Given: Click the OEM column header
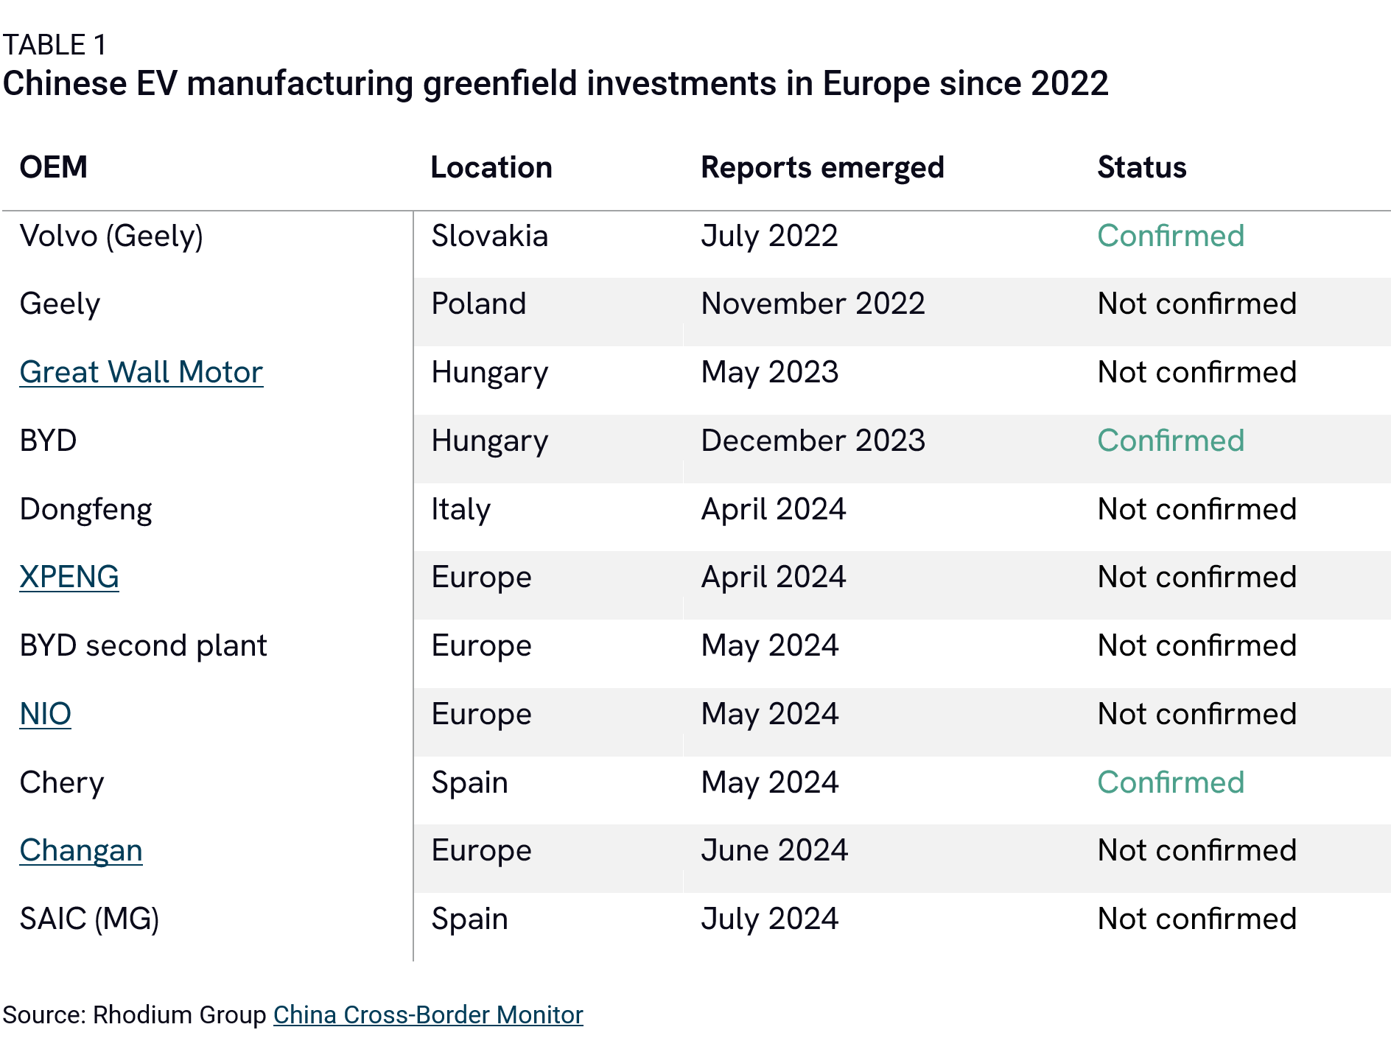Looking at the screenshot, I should pos(53,167).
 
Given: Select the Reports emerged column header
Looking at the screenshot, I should pos(821,168).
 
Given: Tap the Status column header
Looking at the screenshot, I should pos(1141,167).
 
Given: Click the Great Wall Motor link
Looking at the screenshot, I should pos(141,372).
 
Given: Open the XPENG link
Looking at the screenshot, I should pos(69,577).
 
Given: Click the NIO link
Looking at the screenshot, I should pos(45,714).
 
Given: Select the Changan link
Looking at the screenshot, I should pos(81,850).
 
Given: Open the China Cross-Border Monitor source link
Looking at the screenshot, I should pos(428,1014).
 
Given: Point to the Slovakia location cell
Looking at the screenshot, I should pos(489,236).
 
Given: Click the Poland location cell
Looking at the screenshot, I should pos(478,304).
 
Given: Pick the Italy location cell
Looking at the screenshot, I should pos(460,509).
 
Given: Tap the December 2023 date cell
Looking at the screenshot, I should pos(813,441).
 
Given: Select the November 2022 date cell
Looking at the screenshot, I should pos(813,304).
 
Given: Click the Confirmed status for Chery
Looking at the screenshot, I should pos(1170,782).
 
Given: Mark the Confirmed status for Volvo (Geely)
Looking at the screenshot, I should pos(1170,236).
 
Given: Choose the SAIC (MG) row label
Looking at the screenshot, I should pos(89,919).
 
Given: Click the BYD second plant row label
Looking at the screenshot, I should pos(143,645).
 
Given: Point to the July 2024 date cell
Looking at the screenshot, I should pos(769,919).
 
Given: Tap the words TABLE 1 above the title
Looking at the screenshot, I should pos(55,45).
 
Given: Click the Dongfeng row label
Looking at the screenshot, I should pos(85,509).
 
